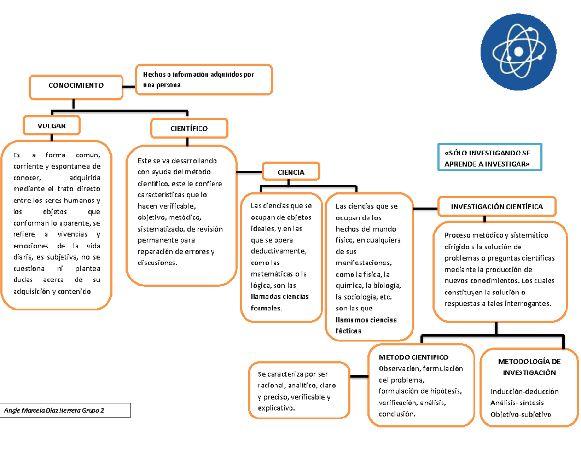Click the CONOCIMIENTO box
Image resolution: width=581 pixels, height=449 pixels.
pyautogui.click(x=76, y=86)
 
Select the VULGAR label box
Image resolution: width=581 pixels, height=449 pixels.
pyautogui.click(x=52, y=125)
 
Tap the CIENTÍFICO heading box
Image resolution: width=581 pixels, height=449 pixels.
pyautogui.click(x=189, y=129)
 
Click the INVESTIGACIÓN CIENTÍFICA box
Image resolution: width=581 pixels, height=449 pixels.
pyautogui.click(x=497, y=207)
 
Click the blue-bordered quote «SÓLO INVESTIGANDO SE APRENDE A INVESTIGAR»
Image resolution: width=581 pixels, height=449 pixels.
pyautogui.click(x=487, y=158)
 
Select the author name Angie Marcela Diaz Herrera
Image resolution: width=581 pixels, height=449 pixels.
pyautogui.click(x=54, y=411)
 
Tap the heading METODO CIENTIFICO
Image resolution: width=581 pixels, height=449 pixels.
pyautogui.click(x=413, y=357)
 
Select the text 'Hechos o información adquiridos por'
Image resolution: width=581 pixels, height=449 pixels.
pyautogui.click(x=198, y=74)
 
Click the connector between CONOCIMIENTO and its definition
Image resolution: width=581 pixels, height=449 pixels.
pyautogui.click(x=129, y=86)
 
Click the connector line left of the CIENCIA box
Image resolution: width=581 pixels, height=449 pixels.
pyautogui.click(x=249, y=171)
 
